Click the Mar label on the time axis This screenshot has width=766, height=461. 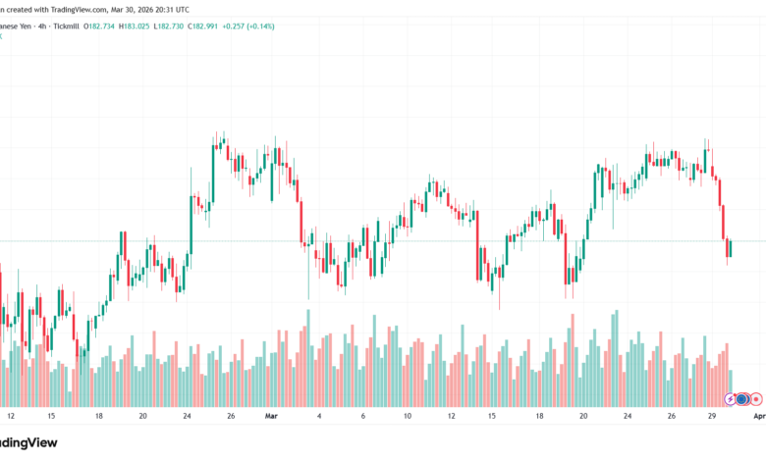(273, 416)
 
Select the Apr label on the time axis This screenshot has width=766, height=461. (758, 416)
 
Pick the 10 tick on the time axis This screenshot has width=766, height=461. (407, 416)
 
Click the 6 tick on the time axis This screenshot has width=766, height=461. (362, 416)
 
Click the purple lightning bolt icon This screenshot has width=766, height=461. (729, 398)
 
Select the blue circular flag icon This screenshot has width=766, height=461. (742, 398)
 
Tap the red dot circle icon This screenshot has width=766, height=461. (756, 398)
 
